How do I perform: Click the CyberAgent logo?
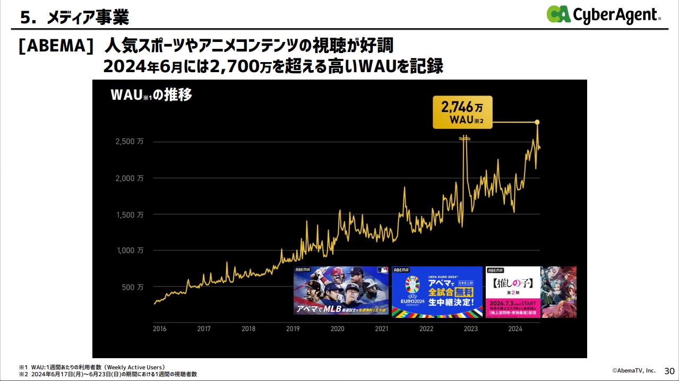pyautogui.click(x=604, y=14)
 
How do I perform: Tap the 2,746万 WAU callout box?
pyautogui.click(x=462, y=112)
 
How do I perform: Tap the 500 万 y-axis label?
pyautogui.click(x=133, y=287)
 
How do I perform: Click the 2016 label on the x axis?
pyautogui.click(x=159, y=329)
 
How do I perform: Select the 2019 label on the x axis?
pyautogui.click(x=293, y=329)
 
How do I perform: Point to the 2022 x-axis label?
pyautogui.click(x=426, y=329)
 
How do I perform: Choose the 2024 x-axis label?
pyautogui.click(x=515, y=329)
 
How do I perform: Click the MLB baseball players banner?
pyautogui.click(x=341, y=291)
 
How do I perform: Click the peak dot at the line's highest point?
pyautogui.click(x=537, y=123)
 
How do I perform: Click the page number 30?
pyautogui.click(x=668, y=370)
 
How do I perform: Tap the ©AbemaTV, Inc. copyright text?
pyautogui.click(x=633, y=370)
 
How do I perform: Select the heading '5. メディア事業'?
pyautogui.click(x=74, y=18)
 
